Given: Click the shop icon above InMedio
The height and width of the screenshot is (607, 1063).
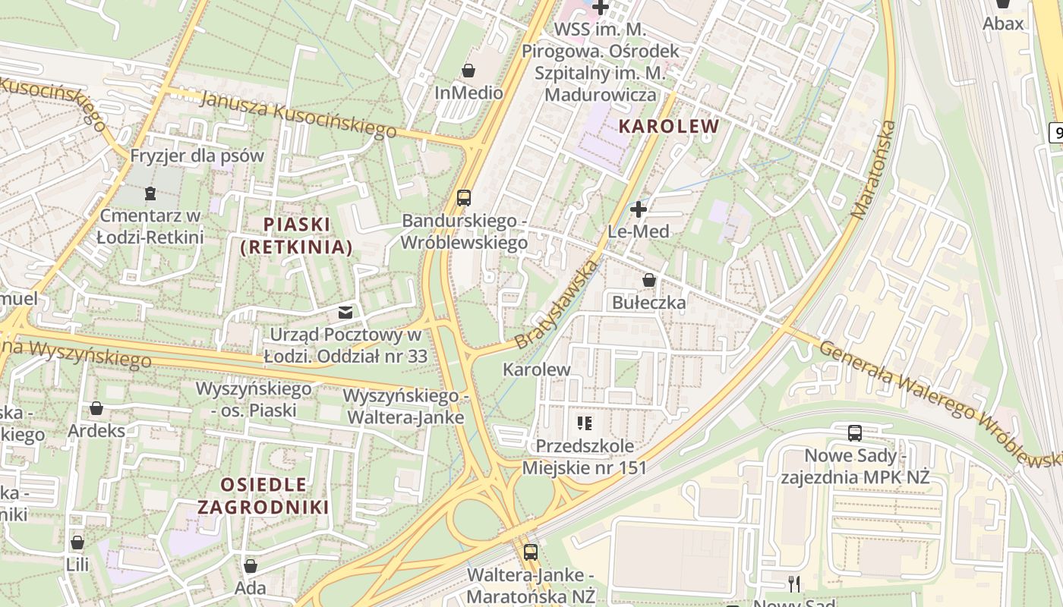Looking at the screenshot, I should [x=468, y=71].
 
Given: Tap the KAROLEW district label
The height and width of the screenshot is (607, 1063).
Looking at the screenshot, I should [x=668, y=126].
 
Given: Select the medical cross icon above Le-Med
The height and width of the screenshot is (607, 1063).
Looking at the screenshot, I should [x=639, y=209].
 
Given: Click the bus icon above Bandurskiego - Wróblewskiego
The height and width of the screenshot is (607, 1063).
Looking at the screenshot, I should [x=463, y=198].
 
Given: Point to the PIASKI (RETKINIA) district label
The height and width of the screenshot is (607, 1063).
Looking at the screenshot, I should [x=296, y=235].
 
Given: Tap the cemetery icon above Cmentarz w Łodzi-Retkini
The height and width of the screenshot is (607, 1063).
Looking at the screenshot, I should [x=150, y=193].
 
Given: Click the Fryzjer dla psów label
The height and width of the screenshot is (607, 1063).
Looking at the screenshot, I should [x=197, y=156].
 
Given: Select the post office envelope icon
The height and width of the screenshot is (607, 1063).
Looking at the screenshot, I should [x=345, y=312].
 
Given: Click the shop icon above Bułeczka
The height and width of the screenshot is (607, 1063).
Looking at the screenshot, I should [x=648, y=280].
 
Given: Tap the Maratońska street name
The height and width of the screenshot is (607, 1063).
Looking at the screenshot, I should [x=875, y=170].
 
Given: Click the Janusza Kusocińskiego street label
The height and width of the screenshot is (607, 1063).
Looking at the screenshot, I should [x=299, y=114].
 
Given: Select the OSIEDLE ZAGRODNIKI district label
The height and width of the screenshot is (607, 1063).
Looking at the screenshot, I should [x=263, y=495].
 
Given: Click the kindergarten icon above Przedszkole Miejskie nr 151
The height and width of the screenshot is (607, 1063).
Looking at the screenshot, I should [x=584, y=423].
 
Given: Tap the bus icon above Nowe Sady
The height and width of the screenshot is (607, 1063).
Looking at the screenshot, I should [x=855, y=433].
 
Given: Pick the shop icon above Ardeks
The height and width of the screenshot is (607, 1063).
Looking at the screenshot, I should [x=96, y=408].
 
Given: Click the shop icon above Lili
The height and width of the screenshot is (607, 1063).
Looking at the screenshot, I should [x=77, y=543].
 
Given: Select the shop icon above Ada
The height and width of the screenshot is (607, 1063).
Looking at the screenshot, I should [x=251, y=565].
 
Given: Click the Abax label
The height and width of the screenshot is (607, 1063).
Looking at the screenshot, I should [x=1003, y=23].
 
